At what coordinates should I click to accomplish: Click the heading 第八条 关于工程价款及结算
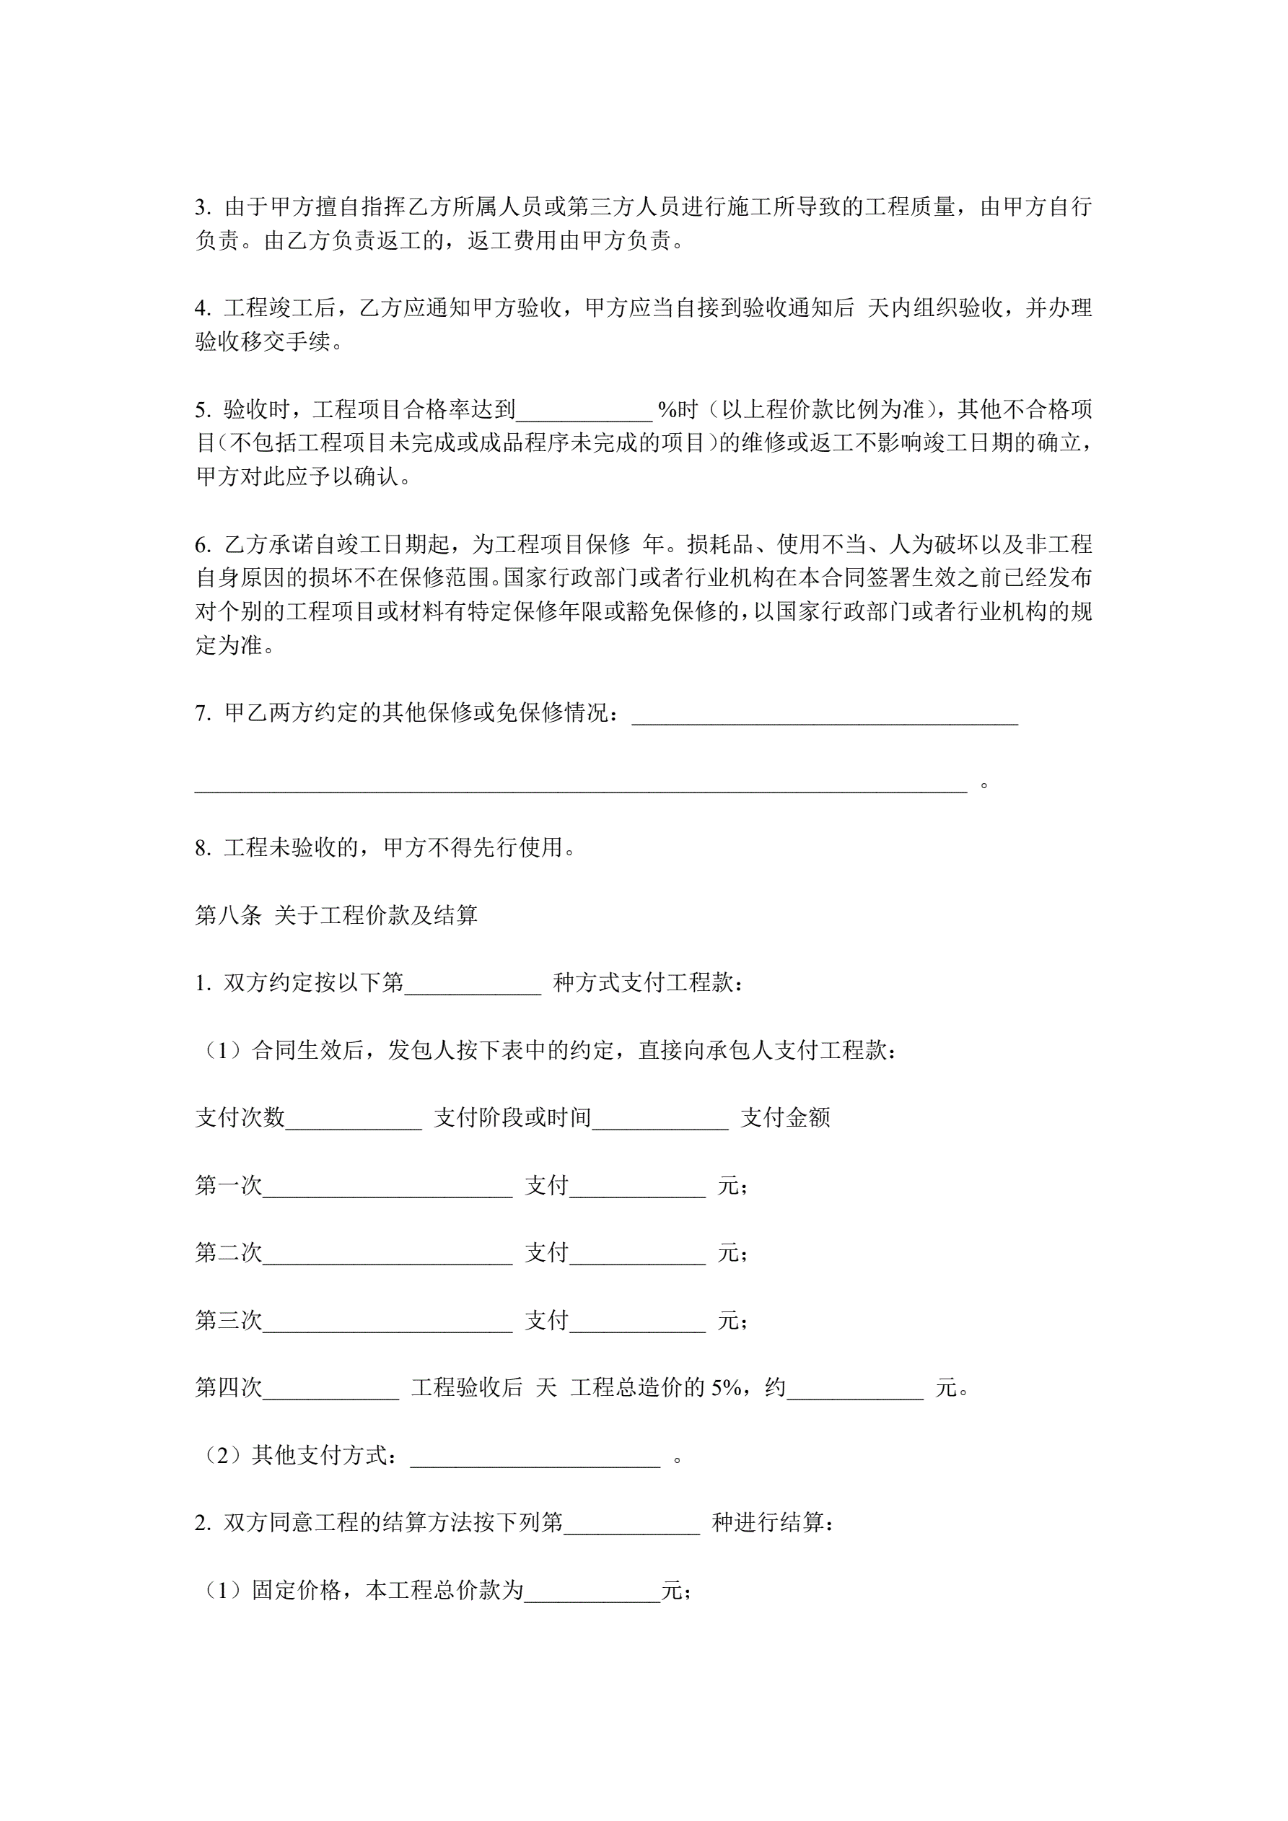tap(336, 915)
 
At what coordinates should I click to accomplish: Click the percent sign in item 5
tap(666, 410)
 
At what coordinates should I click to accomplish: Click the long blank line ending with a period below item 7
tap(581, 785)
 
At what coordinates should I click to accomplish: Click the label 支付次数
tap(240, 1117)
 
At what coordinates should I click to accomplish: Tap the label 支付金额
tap(785, 1117)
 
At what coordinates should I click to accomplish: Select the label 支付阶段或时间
tap(512, 1117)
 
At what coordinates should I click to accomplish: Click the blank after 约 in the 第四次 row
tap(855, 1391)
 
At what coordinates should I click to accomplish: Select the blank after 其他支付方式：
tap(535, 1459)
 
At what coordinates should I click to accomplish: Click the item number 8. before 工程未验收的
tap(203, 848)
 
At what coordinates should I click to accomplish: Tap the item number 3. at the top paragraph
tap(203, 207)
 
